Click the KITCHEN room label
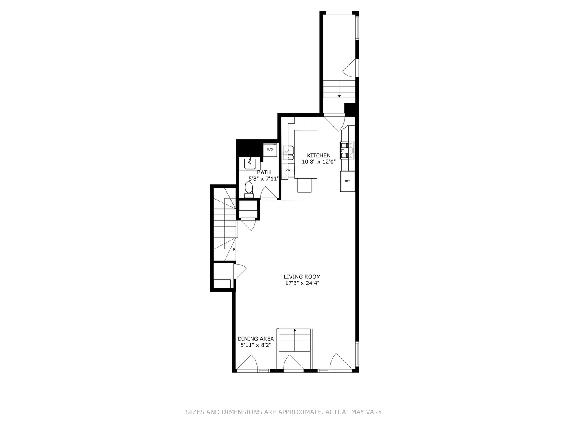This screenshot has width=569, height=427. point(318,155)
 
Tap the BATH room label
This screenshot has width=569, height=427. point(264,172)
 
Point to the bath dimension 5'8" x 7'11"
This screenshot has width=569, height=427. point(264,179)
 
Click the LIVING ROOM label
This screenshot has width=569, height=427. point(302,277)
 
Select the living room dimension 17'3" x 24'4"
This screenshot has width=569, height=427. point(302,283)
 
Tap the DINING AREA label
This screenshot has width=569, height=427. point(256,339)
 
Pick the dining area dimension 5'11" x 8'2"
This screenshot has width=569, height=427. point(256,345)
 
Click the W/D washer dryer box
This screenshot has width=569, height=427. point(270,150)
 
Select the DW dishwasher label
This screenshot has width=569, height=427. point(288,170)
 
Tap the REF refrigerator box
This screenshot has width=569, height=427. point(348,181)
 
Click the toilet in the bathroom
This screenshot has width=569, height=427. point(249,189)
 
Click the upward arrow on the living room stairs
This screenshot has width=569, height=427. point(294,329)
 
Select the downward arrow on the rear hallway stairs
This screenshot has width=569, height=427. point(339,96)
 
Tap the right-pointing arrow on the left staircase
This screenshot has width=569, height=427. point(234,249)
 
